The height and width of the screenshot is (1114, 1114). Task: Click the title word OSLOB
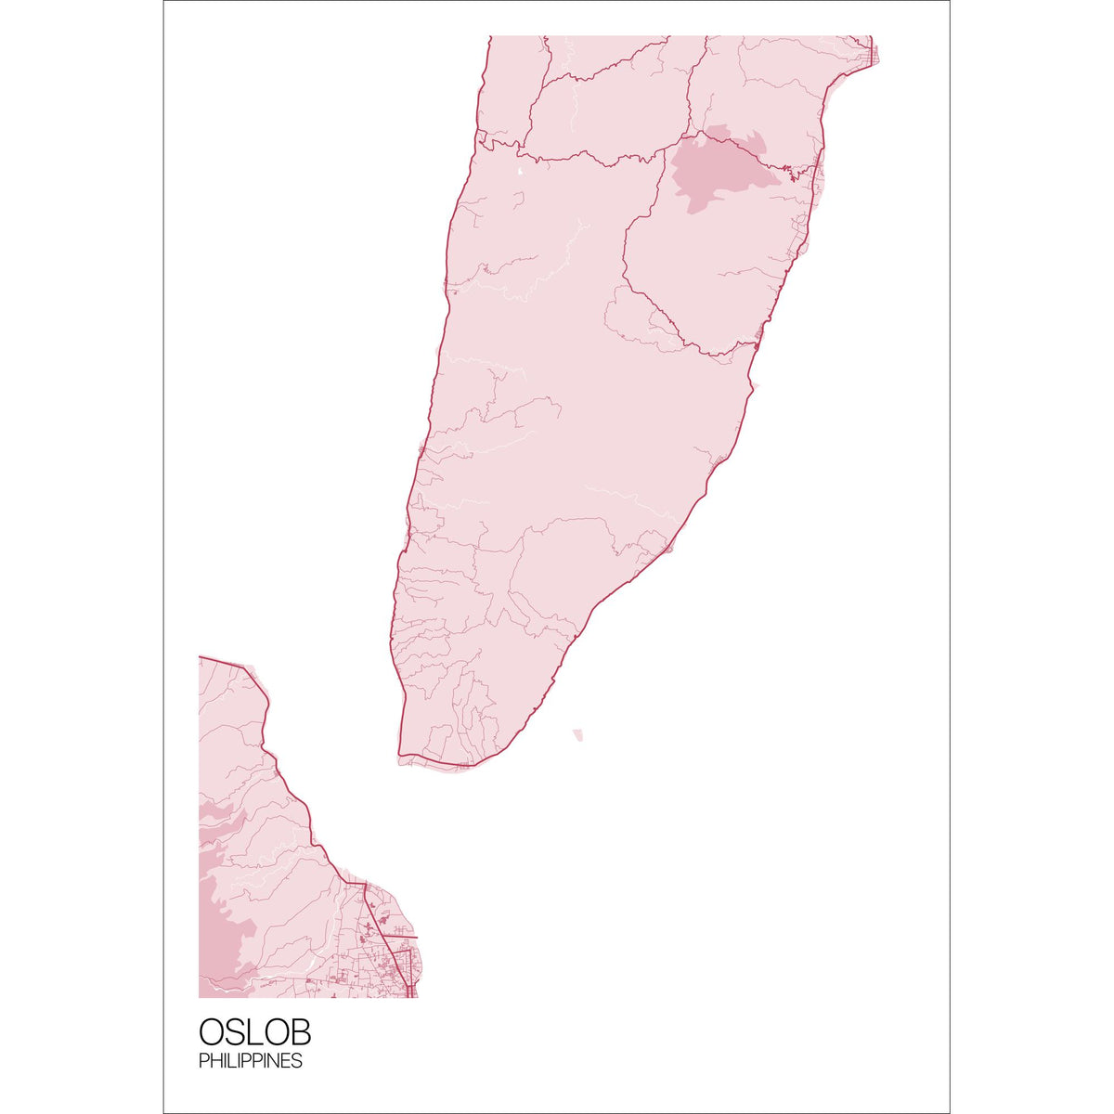coord(254,1032)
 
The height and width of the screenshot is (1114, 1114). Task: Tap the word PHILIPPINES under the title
coord(250,1061)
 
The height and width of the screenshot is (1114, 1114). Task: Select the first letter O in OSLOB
coord(211,1032)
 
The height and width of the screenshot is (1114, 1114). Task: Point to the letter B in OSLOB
coord(299,1032)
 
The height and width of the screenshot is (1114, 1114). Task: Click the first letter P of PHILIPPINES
coord(202,1061)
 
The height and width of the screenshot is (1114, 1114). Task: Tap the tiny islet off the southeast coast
coord(578,735)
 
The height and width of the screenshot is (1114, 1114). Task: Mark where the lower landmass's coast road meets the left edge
coord(201,657)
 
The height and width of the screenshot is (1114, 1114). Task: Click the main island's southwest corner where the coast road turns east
coord(400,754)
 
